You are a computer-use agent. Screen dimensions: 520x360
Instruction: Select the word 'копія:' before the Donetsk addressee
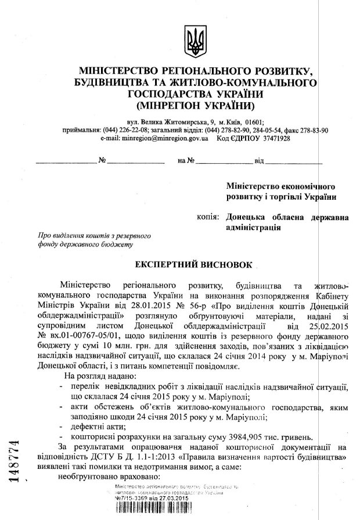pos(207,218)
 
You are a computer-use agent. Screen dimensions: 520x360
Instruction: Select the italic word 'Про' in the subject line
pos(44,236)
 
